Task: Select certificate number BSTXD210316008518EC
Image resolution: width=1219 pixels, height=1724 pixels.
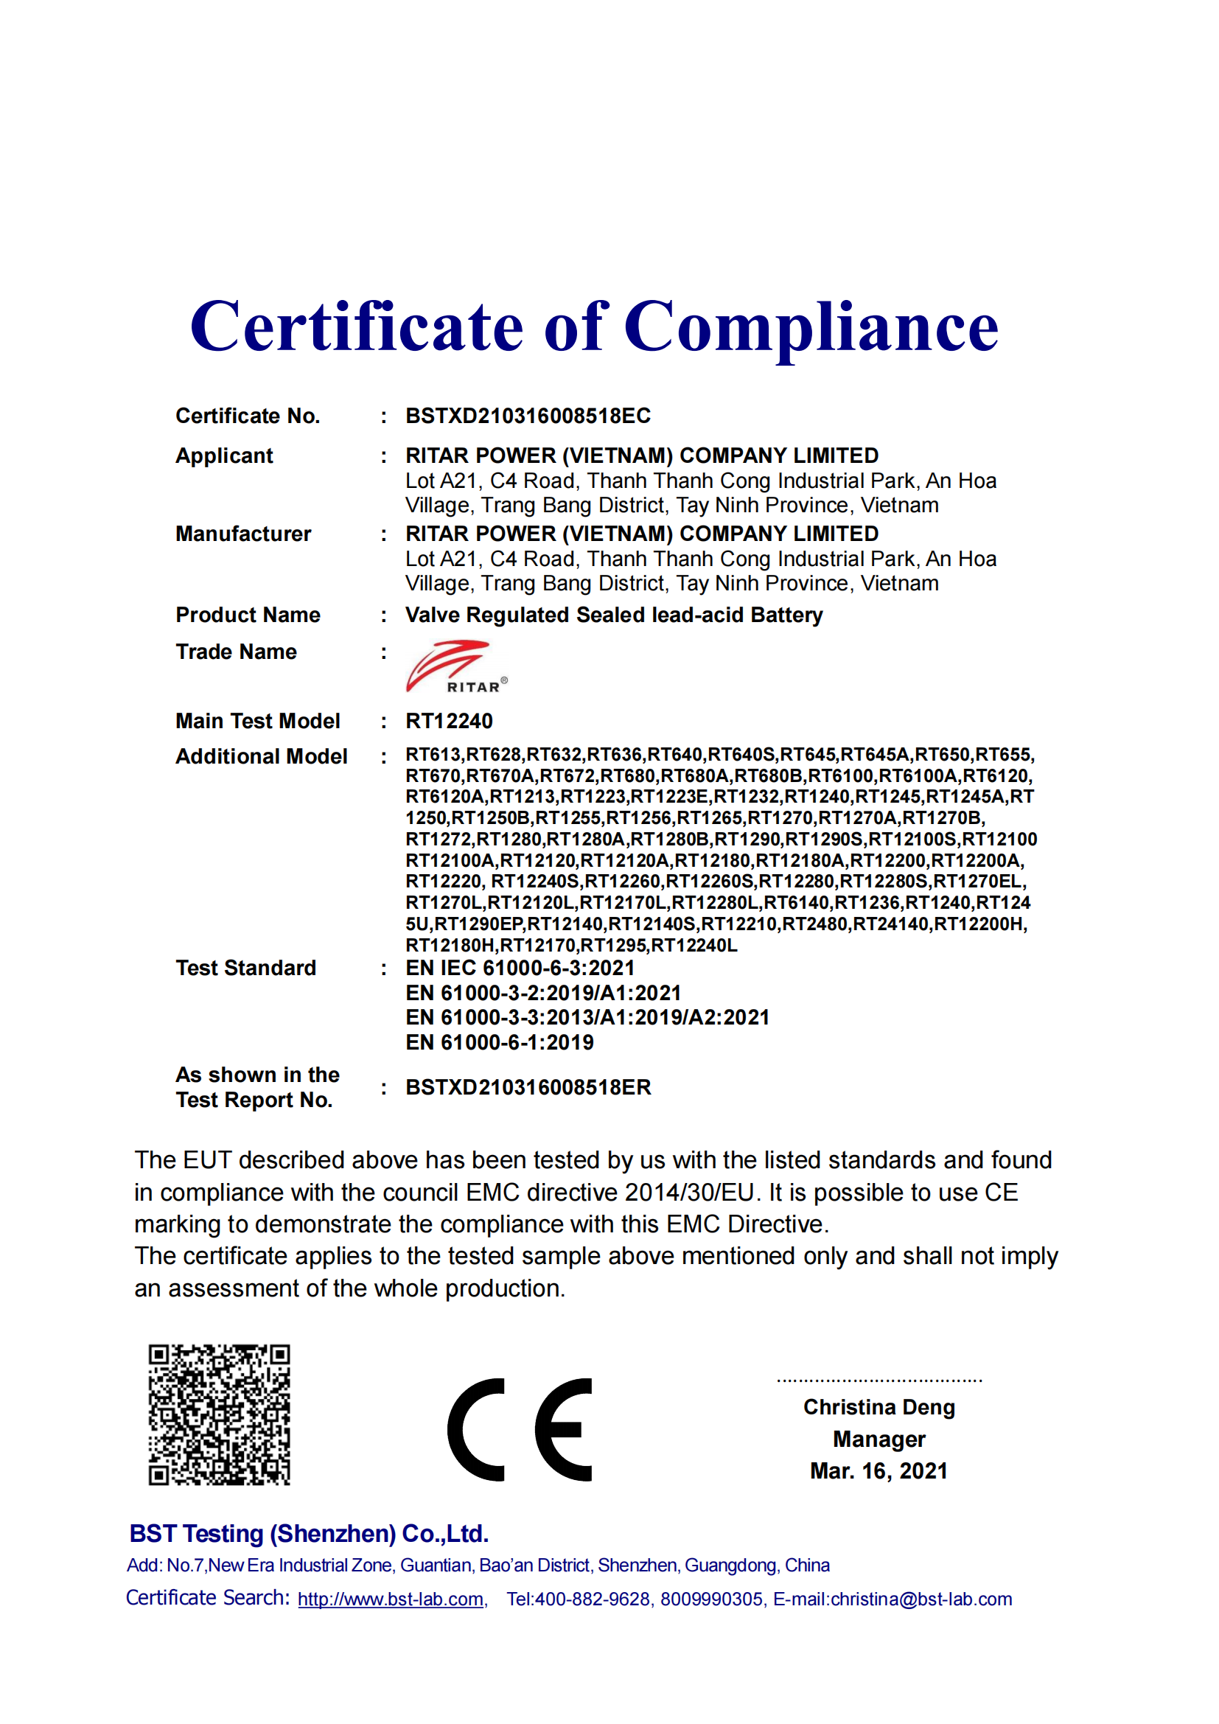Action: coord(528,416)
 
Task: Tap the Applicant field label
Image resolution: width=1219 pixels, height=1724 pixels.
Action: coord(224,456)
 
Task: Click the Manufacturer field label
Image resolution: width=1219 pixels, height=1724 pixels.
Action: coord(243,534)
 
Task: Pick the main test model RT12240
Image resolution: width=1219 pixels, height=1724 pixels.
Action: coord(449,721)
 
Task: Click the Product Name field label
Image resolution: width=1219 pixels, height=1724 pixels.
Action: coord(248,615)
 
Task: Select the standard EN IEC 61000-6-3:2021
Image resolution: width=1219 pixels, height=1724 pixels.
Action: coord(520,968)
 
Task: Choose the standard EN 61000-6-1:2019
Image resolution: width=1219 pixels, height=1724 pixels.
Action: coord(499,1042)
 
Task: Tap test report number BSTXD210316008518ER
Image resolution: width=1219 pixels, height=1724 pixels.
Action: coord(528,1087)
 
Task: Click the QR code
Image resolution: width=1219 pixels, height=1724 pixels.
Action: coord(219,1415)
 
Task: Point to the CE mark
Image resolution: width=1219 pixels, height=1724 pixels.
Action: coord(520,1430)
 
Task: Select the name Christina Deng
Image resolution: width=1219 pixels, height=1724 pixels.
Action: coord(879,1407)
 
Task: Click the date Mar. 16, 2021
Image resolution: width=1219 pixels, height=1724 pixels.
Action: coord(879,1471)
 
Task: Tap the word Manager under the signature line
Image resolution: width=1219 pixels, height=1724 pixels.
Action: coord(879,1439)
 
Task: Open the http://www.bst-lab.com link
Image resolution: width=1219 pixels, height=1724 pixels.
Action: coord(391,1599)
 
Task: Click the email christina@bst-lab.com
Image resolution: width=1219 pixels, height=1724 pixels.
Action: coord(921,1599)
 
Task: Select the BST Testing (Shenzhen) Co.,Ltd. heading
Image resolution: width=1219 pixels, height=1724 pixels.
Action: coord(309,1534)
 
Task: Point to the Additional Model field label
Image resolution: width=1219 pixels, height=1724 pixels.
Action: coord(261,756)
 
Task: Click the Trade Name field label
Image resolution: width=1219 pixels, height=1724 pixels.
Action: coord(236,652)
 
